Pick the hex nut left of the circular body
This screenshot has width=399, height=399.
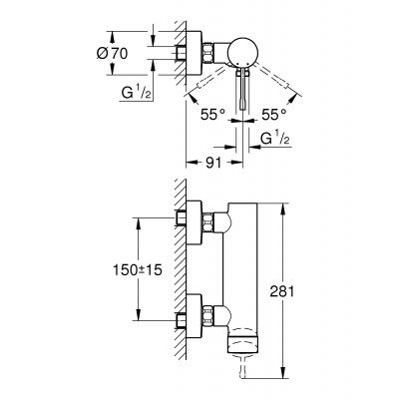pyautogui.click(x=212, y=53)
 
